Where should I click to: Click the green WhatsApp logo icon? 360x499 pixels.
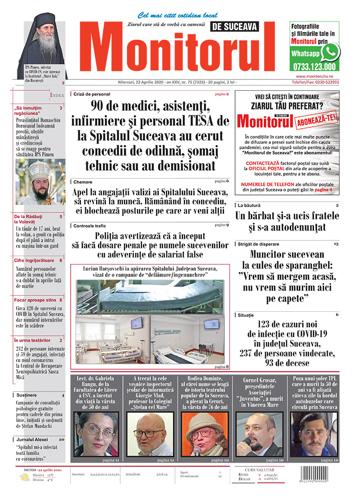[330, 52]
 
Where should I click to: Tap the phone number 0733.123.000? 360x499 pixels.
[315, 66]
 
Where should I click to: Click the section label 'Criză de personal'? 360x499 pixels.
[92, 94]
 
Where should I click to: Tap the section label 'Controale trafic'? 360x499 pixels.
[90, 226]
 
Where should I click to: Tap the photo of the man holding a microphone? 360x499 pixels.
[258, 434]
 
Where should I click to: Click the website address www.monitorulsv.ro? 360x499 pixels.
[314, 76]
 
